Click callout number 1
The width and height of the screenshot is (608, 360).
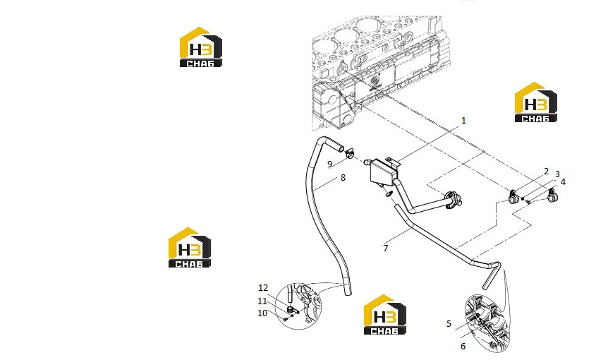click(463, 121)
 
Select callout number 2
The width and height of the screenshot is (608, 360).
click(547, 172)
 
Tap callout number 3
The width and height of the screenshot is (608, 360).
click(558, 174)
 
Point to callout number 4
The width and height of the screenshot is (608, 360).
click(563, 181)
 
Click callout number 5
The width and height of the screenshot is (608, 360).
click(449, 323)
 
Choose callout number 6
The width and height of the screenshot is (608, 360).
click(463, 346)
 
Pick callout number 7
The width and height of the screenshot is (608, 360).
click(385, 248)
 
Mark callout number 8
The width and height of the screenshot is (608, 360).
click(343, 178)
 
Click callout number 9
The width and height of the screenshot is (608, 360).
click(329, 164)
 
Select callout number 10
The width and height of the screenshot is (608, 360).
click(262, 313)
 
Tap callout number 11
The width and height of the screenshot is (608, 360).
click(262, 301)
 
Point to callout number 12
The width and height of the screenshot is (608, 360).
click(263, 288)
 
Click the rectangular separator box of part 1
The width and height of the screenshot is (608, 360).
click(383, 171)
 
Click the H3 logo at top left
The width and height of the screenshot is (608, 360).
click(201, 47)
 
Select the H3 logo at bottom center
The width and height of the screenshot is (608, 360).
click(385, 315)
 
